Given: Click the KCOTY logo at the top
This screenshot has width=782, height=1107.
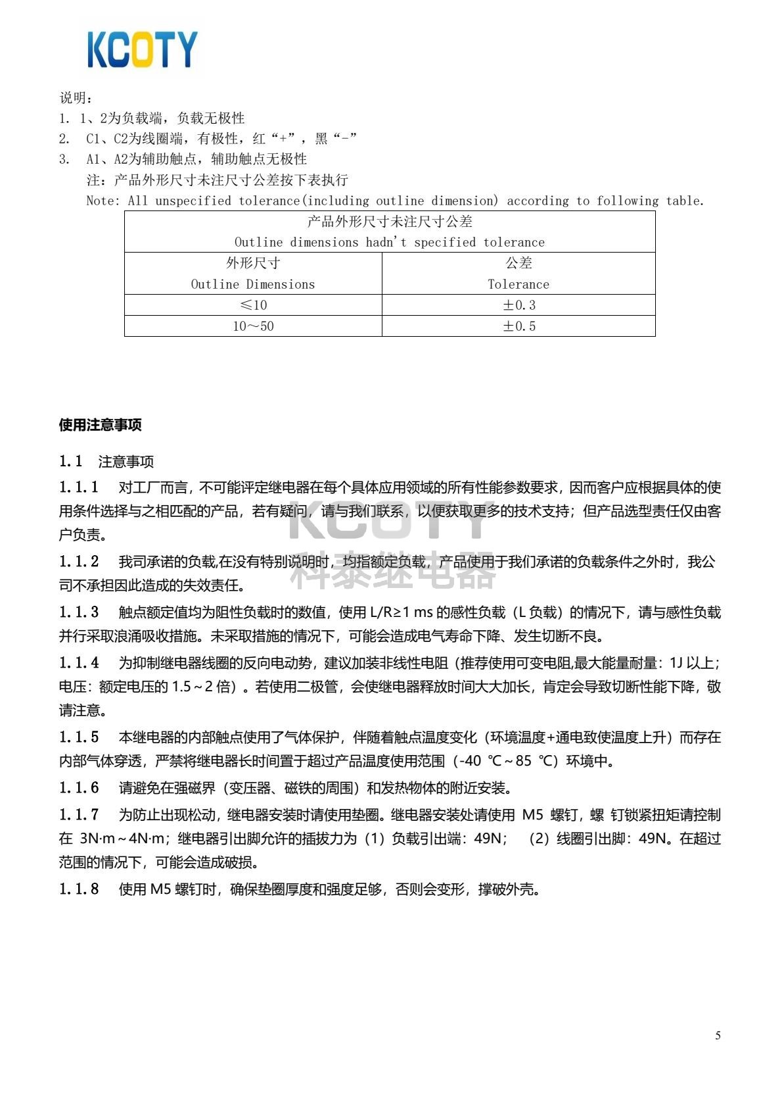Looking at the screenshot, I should pyautogui.click(x=142, y=49).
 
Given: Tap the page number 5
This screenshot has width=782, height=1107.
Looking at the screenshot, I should pyautogui.click(x=718, y=1036).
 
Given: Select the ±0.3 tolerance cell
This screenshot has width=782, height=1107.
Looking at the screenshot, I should pyautogui.click(x=519, y=305).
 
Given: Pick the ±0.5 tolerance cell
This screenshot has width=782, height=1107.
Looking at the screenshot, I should pyautogui.click(x=519, y=326).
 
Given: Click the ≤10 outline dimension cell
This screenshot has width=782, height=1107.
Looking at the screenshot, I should pyautogui.click(x=253, y=305).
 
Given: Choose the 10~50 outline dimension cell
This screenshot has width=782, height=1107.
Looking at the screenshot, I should pyautogui.click(x=253, y=326).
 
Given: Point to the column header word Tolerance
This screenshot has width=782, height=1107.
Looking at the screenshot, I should pyautogui.click(x=518, y=284).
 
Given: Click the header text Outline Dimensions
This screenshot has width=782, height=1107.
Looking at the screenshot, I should pyautogui.click(x=253, y=284).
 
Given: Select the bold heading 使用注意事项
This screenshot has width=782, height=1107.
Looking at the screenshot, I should pyautogui.click(x=100, y=425).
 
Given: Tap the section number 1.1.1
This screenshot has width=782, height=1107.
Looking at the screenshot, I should pyautogui.click(x=79, y=487).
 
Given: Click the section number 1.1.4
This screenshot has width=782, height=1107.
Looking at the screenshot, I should pyautogui.click(x=79, y=663).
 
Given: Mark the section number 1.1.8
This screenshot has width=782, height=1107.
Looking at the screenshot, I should pyautogui.click(x=79, y=889).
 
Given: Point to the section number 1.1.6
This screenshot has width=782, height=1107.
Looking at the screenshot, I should pyautogui.click(x=79, y=788).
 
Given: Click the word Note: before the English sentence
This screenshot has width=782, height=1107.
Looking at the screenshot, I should pyautogui.click(x=103, y=201).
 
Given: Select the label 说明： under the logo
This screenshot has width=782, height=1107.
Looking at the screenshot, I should pyautogui.click(x=76, y=98).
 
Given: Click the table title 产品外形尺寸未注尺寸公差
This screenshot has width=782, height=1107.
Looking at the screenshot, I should pyautogui.click(x=390, y=222).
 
